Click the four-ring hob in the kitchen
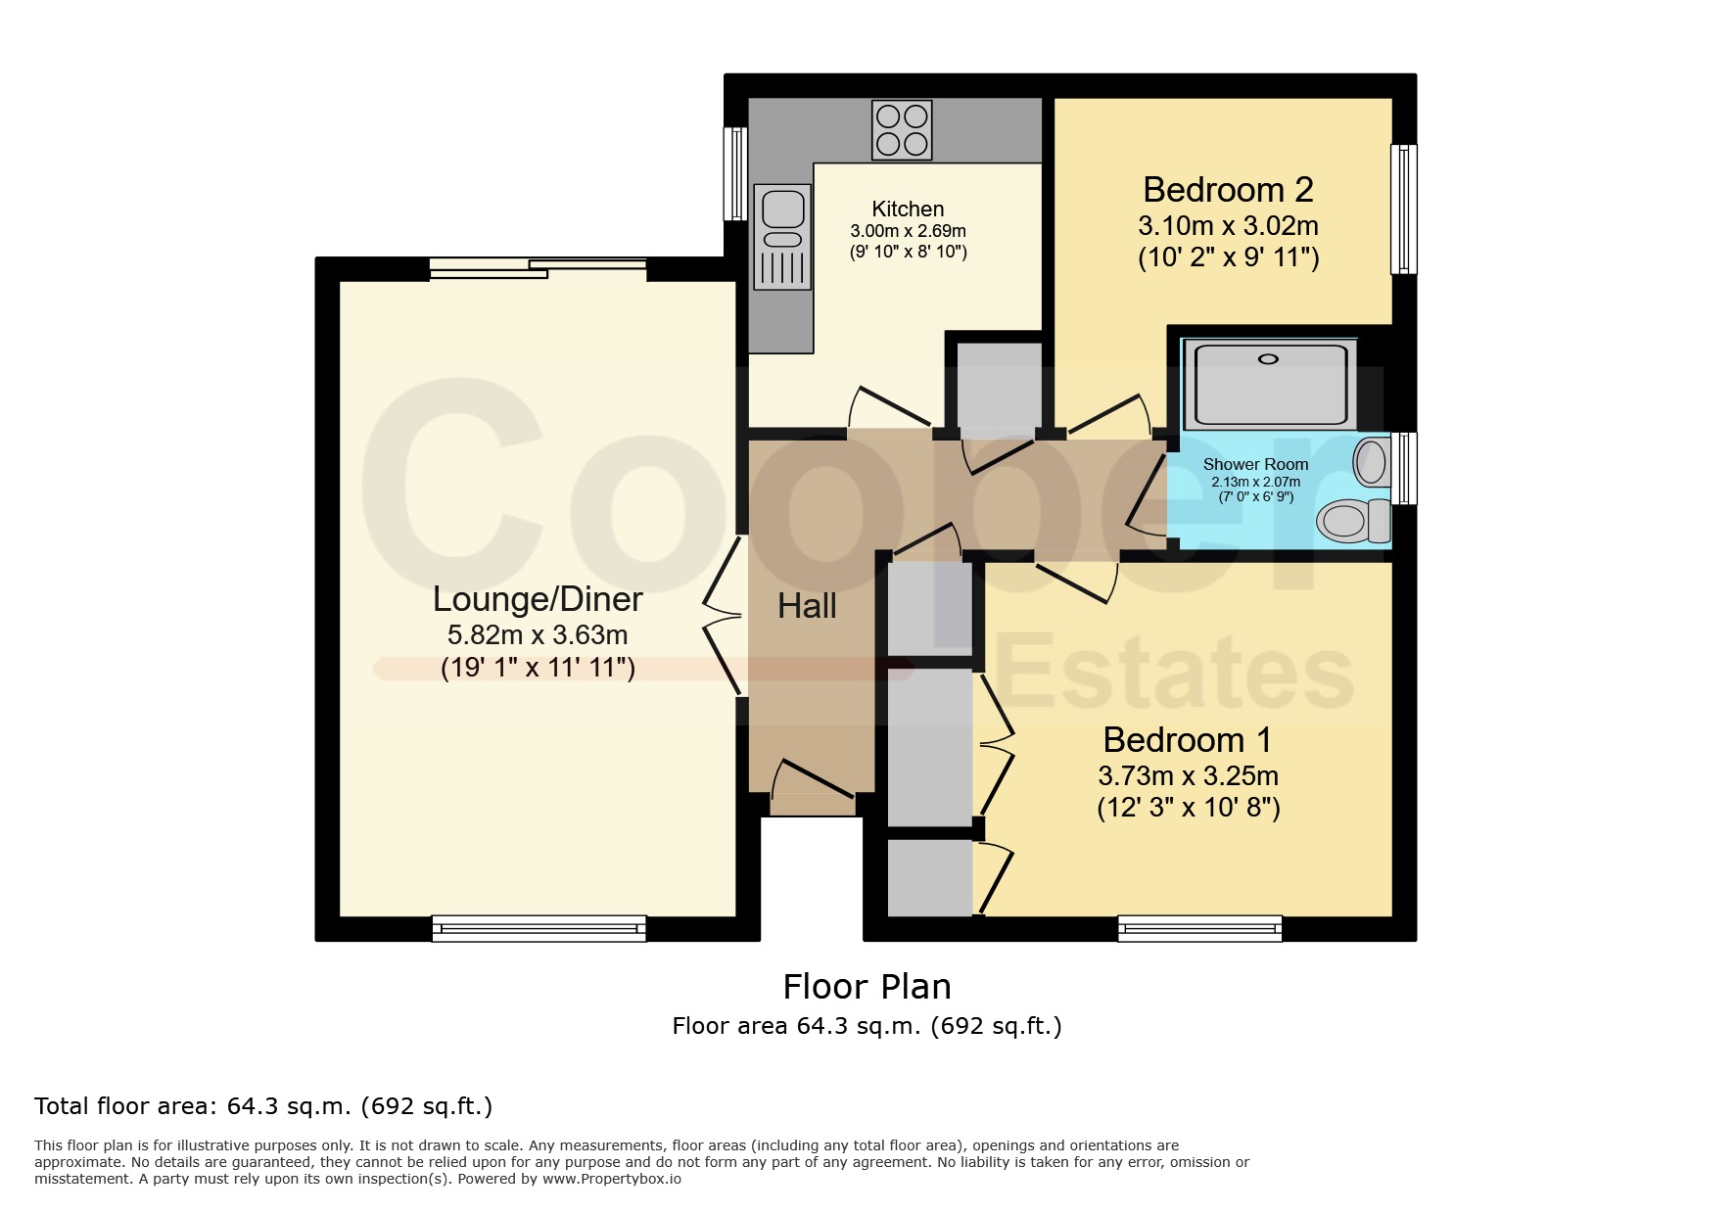point(902,130)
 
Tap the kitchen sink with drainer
point(782,237)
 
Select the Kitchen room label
point(908,209)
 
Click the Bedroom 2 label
point(1228,189)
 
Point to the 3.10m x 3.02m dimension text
point(1228,226)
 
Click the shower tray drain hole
point(1268,359)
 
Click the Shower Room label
point(1255,464)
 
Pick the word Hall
point(807,607)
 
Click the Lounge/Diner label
point(538,599)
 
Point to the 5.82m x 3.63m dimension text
point(538,635)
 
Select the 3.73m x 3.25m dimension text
point(1188,776)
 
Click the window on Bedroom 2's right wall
point(1404,209)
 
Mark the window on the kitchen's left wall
point(735,174)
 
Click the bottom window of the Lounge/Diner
point(539,928)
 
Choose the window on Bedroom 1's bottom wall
point(1200,928)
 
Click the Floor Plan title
point(867,987)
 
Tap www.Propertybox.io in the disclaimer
point(611,1179)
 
